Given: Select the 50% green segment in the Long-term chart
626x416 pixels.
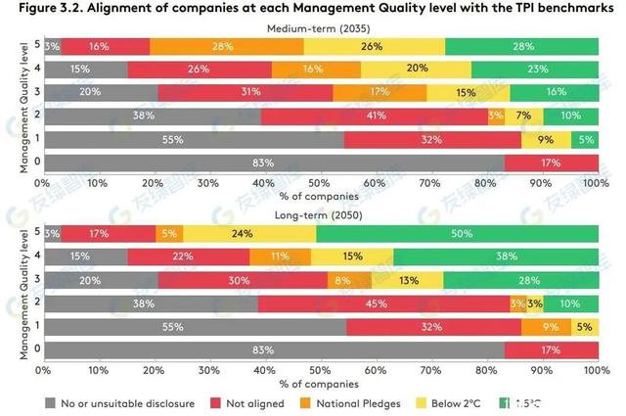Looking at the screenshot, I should pos(456,234).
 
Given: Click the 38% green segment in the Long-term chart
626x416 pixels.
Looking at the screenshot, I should pos(495,256).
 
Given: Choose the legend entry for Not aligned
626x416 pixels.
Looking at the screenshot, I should pos(248,401).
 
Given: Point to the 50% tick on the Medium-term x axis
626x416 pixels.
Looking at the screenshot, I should pos(319,182).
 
